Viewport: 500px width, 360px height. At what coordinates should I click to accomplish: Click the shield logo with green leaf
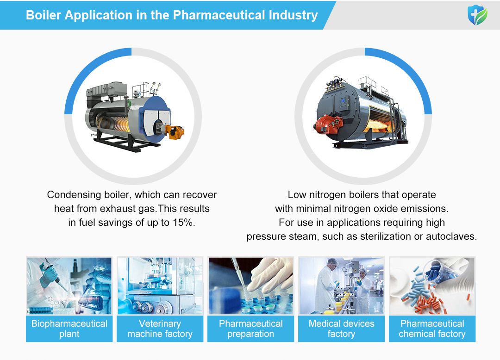tap(477, 15)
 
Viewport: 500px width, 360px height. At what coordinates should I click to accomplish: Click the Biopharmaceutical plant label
tap(69, 329)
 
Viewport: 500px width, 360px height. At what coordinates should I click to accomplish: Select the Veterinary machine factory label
tap(160, 329)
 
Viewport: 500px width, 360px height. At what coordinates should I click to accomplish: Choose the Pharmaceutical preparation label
tap(250, 329)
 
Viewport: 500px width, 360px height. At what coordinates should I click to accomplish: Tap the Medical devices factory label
tap(341, 329)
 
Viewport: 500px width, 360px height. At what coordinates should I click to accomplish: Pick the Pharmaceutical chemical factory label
tap(432, 329)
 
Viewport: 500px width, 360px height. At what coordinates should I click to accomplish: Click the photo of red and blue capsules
tap(432, 286)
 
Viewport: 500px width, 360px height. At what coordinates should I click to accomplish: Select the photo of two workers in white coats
tap(341, 286)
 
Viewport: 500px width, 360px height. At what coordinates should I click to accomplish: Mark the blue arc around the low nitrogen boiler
tap(412, 74)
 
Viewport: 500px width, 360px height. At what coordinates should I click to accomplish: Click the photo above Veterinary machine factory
tap(160, 286)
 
